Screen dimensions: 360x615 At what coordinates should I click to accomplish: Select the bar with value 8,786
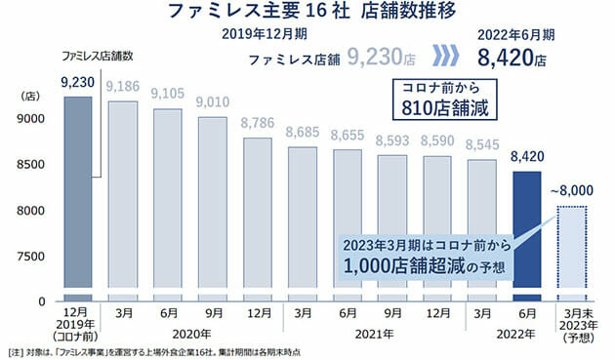(258, 219)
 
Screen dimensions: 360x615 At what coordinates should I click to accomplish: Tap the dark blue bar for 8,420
(527, 235)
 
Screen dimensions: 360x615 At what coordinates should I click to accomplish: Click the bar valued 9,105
(168, 204)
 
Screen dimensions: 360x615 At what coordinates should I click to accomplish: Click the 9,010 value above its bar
(213, 101)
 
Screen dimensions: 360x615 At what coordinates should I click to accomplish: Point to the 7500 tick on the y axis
(30, 256)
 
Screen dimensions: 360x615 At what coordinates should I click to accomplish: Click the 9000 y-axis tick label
(30, 119)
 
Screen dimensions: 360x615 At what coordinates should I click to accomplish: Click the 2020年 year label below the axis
(190, 335)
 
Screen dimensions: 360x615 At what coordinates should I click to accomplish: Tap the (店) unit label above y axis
(29, 97)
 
